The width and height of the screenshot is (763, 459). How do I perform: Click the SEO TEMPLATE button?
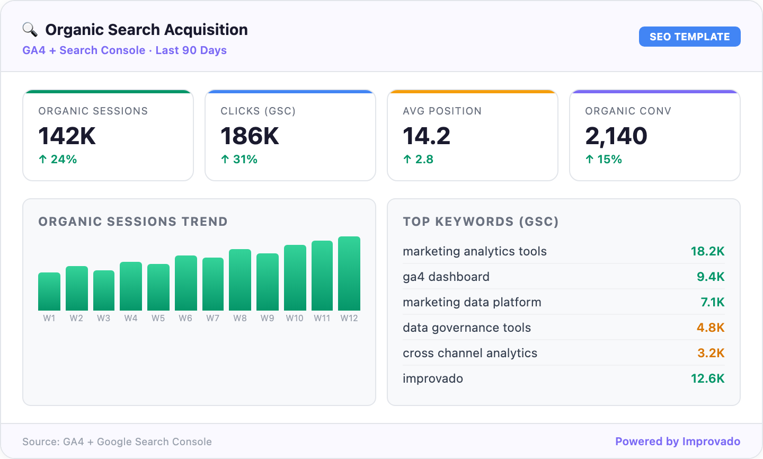tap(689, 37)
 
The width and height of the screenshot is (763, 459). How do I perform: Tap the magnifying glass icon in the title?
tap(30, 30)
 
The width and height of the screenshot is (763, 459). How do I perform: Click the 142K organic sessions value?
tap(67, 136)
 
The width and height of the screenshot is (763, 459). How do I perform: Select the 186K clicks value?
tap(250, 136)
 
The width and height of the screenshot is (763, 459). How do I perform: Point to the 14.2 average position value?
tap(427, 136)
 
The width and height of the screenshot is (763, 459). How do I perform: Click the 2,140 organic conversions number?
tap(616, 136)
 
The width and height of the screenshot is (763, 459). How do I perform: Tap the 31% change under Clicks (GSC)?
tap(239, 160)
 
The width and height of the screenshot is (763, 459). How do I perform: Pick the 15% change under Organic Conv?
tap(604, 160)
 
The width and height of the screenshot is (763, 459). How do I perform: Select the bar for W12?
tap(349, 273)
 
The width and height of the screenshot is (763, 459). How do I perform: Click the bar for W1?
tap(49, 292)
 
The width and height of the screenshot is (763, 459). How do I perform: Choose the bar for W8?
tap(240, 280)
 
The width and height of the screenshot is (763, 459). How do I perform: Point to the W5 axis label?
tap(158, 318)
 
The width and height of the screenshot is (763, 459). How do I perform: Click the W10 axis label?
tap(295, 318)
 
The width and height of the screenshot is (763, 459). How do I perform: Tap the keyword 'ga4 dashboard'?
tap(446, 277)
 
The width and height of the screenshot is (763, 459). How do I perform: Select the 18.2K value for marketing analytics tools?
tap(707, 251)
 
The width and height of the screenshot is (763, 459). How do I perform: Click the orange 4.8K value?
tap(711, 328)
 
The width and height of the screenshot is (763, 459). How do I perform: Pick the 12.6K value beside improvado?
tap(707, 378)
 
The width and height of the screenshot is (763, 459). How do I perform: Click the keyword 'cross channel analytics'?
tap(470, 353)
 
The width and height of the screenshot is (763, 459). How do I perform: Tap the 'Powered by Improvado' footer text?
tap(678, 442)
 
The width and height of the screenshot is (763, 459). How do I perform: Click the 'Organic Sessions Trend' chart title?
tap(133, 222)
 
